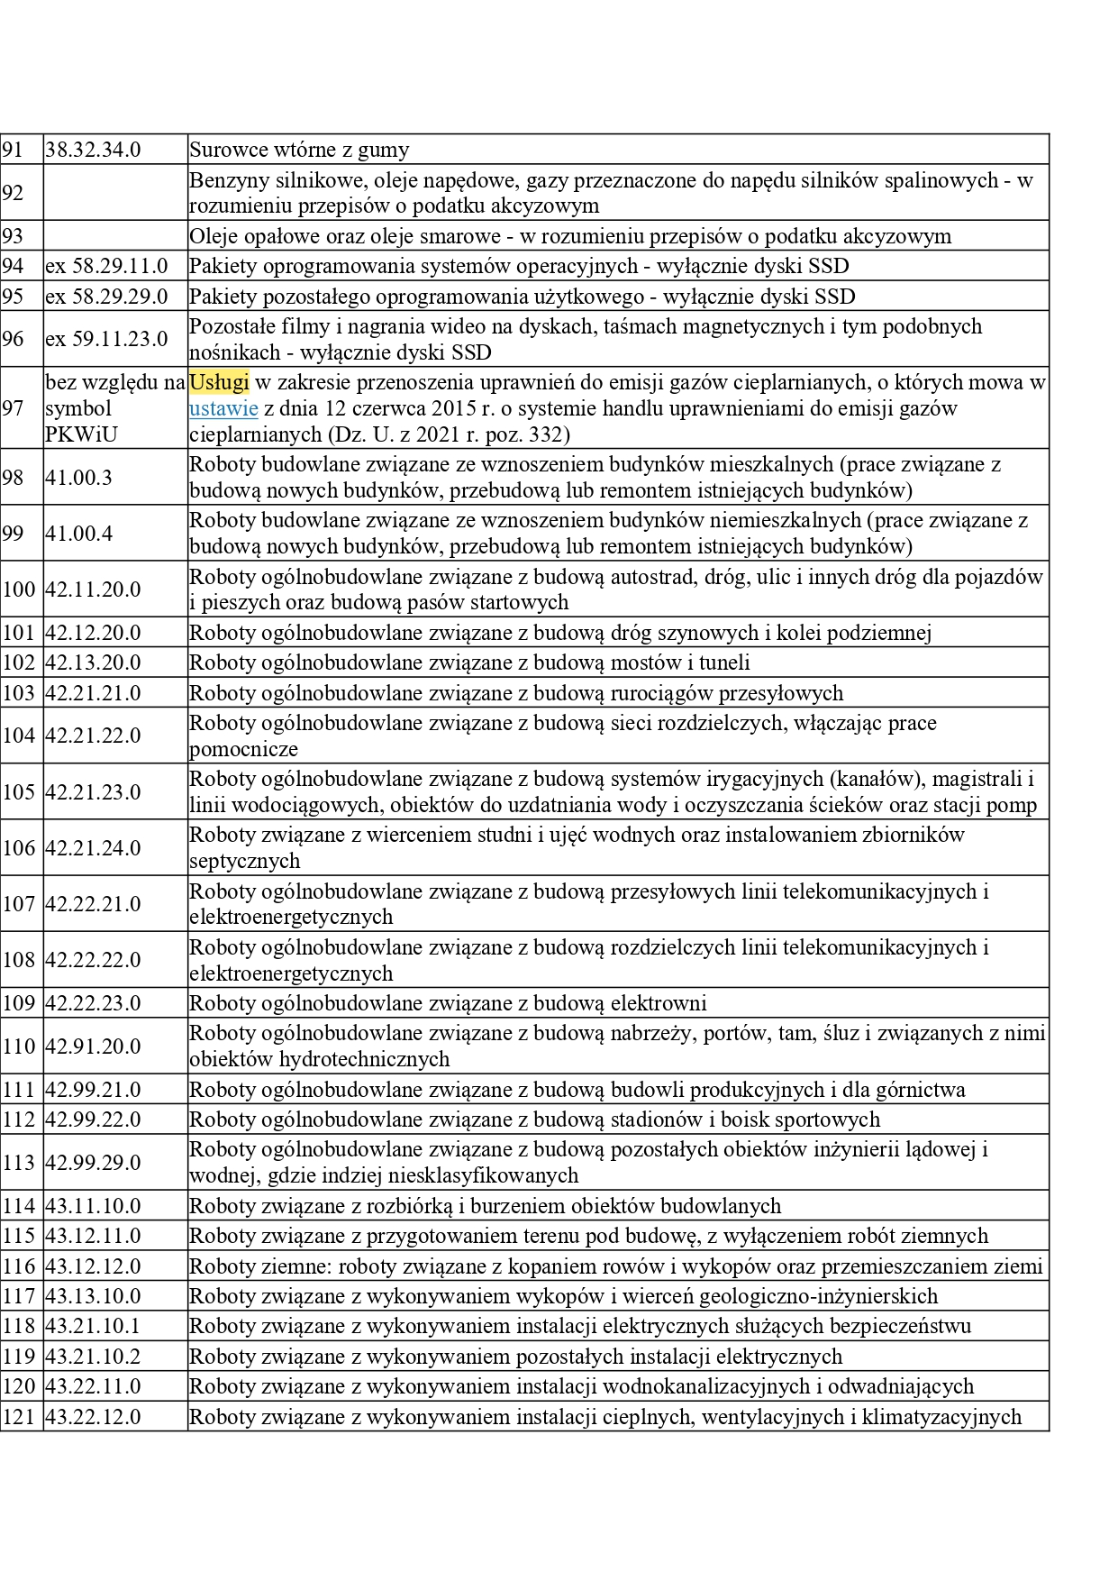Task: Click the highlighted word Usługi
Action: click(219, 382)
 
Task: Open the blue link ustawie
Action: click(223, 408)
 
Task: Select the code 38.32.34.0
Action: click(93, 150)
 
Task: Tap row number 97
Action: click(13, 408)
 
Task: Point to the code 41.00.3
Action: click(78, 478)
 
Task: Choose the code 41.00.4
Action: click(78, 534)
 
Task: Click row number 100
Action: click(18, 589)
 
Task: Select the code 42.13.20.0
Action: click(93, 663)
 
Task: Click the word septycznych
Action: click(244, 861)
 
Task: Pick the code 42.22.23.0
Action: click(93, 1003)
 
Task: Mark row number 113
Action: click(18, 1163)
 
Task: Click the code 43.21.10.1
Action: click(93, 1326)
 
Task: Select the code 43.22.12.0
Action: click(93, 1417)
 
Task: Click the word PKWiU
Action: click(81, 434)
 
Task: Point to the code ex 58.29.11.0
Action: click(106, 266)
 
